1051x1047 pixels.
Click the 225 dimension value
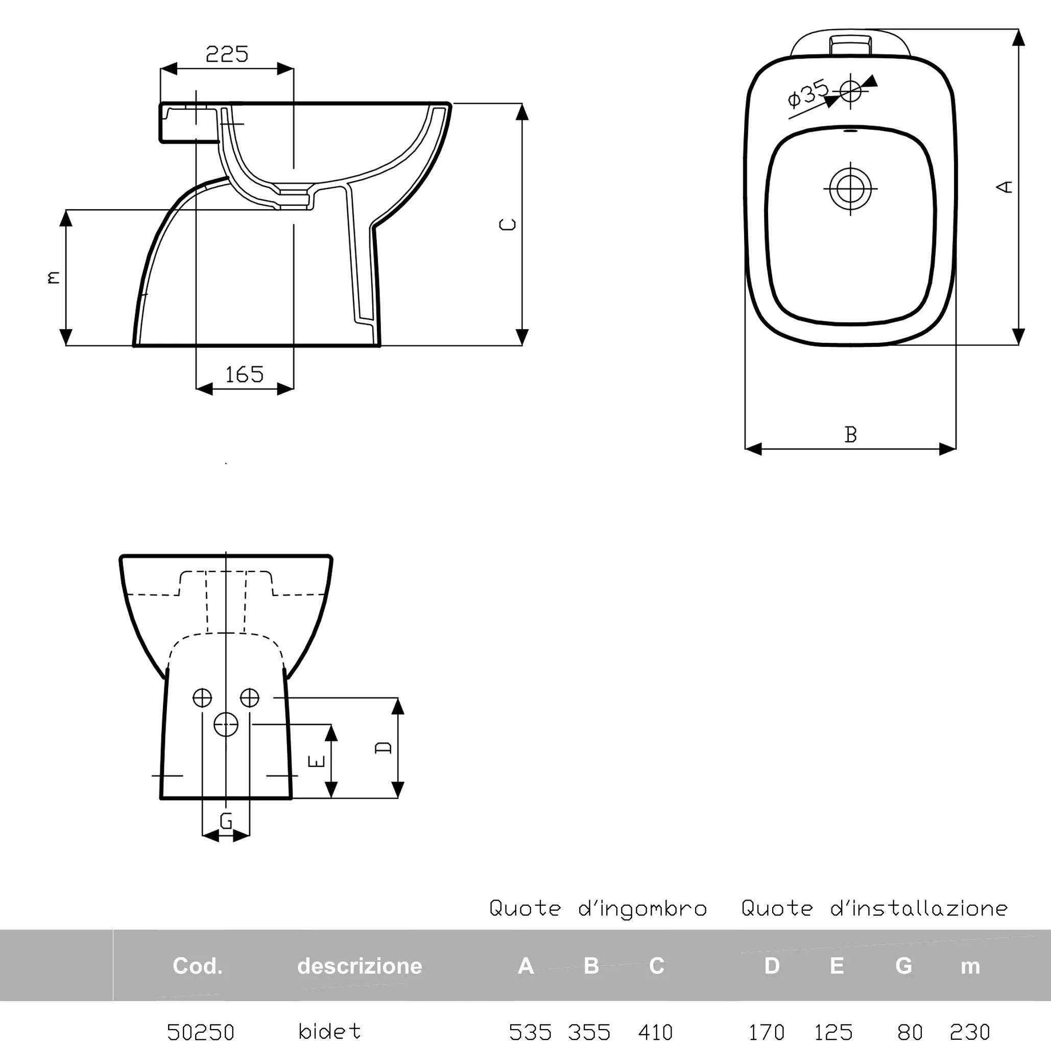point(227,54)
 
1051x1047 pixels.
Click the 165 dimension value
point(244,375)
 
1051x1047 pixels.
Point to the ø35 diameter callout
point(808,93)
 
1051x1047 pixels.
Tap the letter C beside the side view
point(508,224)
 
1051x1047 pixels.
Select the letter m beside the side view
point(53,277)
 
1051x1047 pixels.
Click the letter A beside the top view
point(1004,186)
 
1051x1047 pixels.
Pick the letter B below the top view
point(851,434)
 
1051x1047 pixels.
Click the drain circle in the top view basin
point(850,189)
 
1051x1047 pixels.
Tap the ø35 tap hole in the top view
point(851,91)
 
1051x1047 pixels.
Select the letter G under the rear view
point(226,820)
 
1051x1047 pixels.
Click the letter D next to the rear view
point(384,747)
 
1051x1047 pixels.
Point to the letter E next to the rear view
point(317,761)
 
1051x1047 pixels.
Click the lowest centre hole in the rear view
point(226,724)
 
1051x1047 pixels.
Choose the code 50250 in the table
point(201,1032)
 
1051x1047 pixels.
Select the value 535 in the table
point(531,1032)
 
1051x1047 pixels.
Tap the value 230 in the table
point(970,1032)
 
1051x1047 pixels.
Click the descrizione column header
point(360,966)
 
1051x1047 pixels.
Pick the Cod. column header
point(198,966)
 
